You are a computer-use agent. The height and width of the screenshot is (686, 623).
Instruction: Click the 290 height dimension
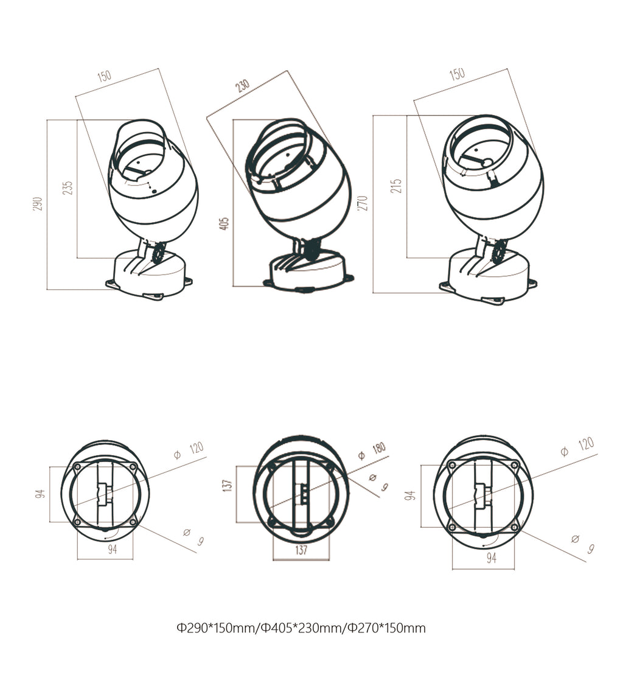(38, 204)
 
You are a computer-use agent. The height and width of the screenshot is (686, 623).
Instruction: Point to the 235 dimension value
(68, 187)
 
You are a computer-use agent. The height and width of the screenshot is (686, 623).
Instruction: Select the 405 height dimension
(224, 223)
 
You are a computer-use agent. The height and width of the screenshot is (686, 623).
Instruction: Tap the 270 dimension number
(363, 203)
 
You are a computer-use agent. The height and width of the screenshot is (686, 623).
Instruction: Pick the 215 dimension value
(397, 186)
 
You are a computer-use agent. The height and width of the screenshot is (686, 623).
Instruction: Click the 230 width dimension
(243, 86)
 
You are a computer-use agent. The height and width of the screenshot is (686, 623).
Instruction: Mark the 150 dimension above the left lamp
(104, 76)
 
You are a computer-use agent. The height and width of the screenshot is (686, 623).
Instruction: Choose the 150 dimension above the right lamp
(457, 74)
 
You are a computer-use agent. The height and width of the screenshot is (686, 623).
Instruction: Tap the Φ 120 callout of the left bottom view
(189, 450)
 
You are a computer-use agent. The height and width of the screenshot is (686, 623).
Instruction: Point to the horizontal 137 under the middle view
(301, 550)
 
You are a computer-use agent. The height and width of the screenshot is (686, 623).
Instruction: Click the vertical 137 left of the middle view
(227, 485)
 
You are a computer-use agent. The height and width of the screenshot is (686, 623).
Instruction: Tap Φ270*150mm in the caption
(386, 628)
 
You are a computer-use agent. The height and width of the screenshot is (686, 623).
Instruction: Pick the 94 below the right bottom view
(491, 558)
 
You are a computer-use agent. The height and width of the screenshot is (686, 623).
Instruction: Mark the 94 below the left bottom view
(113, 549)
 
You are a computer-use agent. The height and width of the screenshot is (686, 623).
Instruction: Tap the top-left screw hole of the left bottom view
(77, 467)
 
